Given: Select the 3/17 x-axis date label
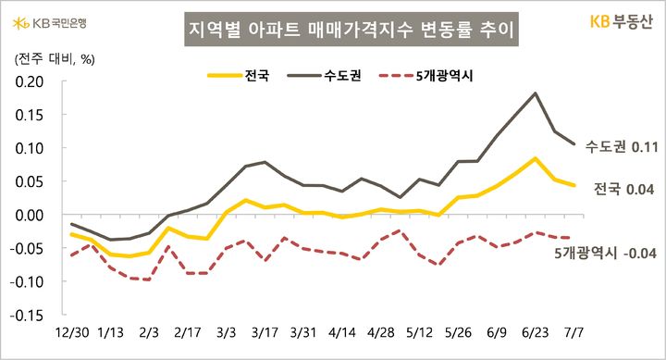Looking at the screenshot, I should [265, 332].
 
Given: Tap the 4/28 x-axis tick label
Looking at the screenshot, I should [380, 332].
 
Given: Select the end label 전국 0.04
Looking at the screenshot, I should [624, 190].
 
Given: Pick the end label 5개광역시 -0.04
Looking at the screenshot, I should [605, 253].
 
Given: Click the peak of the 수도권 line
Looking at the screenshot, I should [536, 93].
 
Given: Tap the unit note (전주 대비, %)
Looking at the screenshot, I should [51, 58].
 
